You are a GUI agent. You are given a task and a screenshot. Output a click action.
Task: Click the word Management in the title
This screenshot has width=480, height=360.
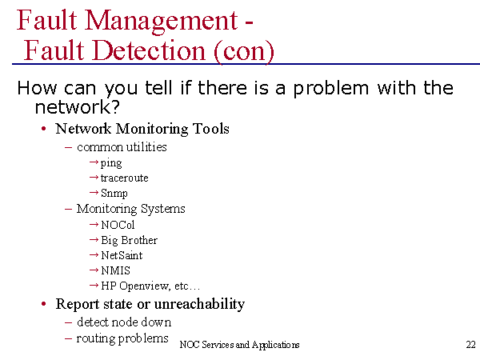coord(161,22)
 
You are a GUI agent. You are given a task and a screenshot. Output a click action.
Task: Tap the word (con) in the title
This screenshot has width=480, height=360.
coord(244,51)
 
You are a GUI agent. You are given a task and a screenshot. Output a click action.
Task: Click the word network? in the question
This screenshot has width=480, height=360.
coord(77,107)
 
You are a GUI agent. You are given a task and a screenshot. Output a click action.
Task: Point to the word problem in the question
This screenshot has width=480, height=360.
coord(331,89)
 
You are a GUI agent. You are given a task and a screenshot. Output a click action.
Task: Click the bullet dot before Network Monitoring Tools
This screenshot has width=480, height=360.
coord(44,129)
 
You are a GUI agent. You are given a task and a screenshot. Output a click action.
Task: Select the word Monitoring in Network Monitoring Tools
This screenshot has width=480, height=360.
coord(152,129)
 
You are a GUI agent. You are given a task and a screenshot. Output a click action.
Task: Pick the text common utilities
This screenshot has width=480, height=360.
coord(122,147)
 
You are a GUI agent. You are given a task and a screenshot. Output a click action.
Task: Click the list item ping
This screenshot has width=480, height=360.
coord(111,163)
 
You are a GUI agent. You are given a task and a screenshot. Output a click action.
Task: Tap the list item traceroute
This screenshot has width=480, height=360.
coord(124,178)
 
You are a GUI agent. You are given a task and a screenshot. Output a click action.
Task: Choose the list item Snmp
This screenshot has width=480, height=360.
coord(114,194)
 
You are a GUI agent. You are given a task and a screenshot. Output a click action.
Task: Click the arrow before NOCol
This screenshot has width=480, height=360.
coord(94,224)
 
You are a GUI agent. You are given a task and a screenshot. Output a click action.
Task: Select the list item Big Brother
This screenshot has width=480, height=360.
coord(129,240)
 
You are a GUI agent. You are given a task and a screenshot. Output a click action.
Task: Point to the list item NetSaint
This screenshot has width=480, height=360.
coord(122,255)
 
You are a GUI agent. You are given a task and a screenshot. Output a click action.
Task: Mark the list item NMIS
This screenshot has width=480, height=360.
coord(115,270)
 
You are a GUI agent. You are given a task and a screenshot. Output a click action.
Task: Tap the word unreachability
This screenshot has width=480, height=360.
coord(199,304)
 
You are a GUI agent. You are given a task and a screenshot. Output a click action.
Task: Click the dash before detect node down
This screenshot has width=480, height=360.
coord(69,322)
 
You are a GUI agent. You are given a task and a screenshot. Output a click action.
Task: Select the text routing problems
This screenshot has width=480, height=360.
coord(122,339)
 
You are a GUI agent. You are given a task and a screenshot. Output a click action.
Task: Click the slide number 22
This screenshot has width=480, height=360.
coord(471,345)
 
